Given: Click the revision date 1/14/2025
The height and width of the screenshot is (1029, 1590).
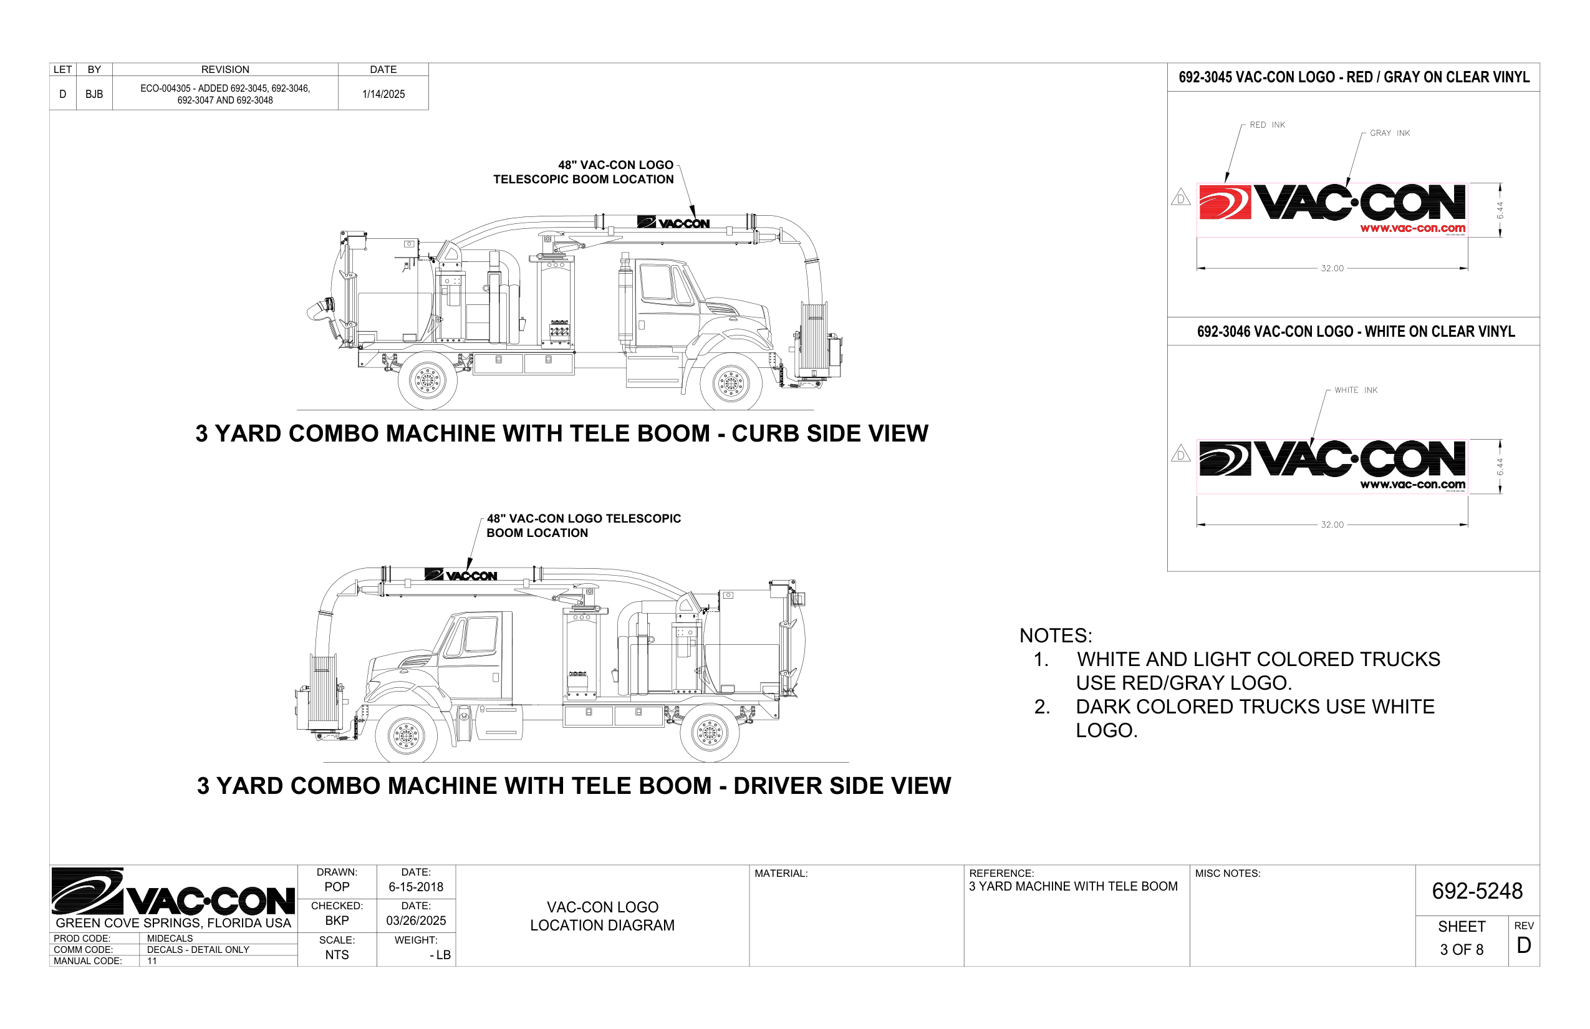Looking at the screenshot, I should click(x=383, y=94).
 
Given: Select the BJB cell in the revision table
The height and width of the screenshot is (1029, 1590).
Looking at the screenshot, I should click(x=94, y=94).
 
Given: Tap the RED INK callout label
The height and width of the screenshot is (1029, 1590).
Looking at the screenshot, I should click(x=1266, y=125).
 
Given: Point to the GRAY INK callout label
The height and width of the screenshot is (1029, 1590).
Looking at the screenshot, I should click(x=1389, y=133).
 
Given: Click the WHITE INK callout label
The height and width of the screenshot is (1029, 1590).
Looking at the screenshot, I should click(x=1356, y=390).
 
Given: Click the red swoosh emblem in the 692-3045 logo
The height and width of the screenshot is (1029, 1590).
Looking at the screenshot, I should click(x=1225, y=203).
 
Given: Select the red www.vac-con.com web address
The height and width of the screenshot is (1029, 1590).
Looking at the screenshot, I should click(x=1412, y=228).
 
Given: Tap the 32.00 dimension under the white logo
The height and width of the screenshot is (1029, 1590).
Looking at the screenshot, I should click(x=1331, y=524).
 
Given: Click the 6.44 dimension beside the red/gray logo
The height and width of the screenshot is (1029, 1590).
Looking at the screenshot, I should click(x=1500, y=211).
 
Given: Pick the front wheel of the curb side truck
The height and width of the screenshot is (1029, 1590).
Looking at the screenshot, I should click(x=730, y=383).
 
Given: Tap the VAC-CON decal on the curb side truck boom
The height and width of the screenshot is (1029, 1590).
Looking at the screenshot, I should click(x=673, y=223).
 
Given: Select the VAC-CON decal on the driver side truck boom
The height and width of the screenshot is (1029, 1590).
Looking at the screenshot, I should click(x=461, y=574).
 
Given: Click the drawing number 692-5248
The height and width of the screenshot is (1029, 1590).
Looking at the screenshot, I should click(x=1477, y=891).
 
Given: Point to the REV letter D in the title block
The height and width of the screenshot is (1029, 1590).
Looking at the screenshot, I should click(x=1523, y=945).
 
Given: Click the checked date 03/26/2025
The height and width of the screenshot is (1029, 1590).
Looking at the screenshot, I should click(x=415, y=920).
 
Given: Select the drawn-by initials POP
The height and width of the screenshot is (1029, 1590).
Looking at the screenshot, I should click(x=337, y=887).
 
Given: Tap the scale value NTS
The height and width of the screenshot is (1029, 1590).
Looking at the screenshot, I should click(x=337, y=955).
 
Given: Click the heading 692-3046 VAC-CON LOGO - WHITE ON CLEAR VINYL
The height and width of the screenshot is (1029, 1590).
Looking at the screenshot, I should click(x=1356, y=331).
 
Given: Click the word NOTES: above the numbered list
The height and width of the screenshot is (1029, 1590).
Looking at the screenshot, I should click(x=1056, y=635).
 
